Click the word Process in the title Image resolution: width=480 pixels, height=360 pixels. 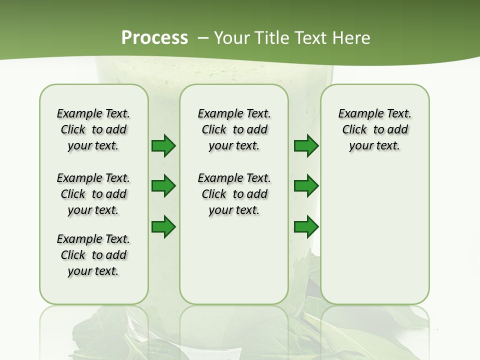(x=154, y=38)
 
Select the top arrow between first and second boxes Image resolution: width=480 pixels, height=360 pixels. (x=163, y=146)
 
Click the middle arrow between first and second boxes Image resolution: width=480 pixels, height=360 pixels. (x=163, y=186)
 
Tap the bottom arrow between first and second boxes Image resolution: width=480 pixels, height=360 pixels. (x=163, y=227)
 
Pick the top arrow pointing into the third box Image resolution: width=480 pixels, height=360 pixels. (x=306, y=146)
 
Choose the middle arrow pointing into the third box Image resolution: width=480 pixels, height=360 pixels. (x=306, y=186)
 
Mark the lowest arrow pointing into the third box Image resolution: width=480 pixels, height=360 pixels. (x=306, y=227)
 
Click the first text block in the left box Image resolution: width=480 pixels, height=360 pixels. (x=93, y=129)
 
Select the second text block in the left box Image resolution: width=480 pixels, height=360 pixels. (x=93, y=194)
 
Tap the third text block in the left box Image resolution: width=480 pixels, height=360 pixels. (x=93, y=255)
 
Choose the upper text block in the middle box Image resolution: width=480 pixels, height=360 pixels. (x=234, y=129)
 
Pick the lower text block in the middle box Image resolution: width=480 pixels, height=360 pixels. (x=234, y=194)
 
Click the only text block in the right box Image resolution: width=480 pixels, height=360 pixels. (x=375, y=129)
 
